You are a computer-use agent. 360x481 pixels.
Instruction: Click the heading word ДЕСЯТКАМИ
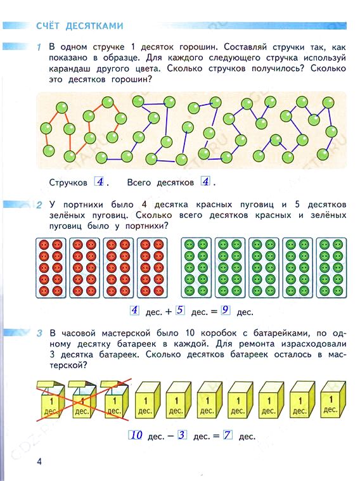tap(94, 26)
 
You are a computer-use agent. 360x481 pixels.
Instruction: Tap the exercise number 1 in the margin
tap(39, 48)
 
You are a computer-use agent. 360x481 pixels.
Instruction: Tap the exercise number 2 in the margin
tap(39, 205)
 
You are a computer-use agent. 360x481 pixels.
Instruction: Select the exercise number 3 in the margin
tap(39, 333)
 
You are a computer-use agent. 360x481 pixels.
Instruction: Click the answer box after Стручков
tap(100, 182)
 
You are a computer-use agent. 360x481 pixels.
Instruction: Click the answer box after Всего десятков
tap(205, 182)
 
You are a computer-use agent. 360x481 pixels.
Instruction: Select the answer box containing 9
tap(226, 310)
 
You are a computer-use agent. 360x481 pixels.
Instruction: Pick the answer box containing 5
tap(180, 310)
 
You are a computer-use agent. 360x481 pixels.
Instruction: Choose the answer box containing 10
tap(136, 435)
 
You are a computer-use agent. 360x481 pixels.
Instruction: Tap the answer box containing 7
tap(228, 435)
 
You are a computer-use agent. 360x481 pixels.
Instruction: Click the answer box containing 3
tap(182, 435)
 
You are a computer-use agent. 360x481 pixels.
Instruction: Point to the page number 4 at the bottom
tap(39, 461)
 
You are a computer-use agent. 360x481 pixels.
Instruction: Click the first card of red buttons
tap(51, 268)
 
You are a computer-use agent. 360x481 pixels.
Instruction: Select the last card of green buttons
tap(331, 268)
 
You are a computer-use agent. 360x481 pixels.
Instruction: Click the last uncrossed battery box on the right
tap(333, 399)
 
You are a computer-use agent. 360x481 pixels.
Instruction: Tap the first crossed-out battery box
tap(51, 399)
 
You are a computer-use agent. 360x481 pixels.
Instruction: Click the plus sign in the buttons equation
tap(169, 312)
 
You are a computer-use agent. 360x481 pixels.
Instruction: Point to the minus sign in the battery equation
tap(171, 437)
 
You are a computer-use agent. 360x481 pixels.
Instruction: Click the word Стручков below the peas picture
tap(68, 183)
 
